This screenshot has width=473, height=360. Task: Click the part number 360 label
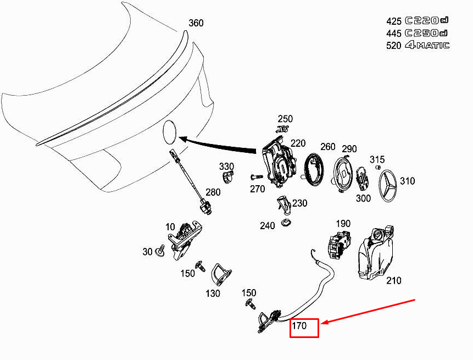[196, 23]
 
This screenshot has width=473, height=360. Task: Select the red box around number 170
[304, 328]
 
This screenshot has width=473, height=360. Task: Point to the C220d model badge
[426, 20]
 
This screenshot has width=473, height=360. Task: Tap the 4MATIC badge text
[427, 45]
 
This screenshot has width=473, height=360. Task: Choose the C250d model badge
[426, 33]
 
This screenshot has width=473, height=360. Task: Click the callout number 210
[394, 281]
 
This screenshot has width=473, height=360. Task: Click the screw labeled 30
[160, 251]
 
